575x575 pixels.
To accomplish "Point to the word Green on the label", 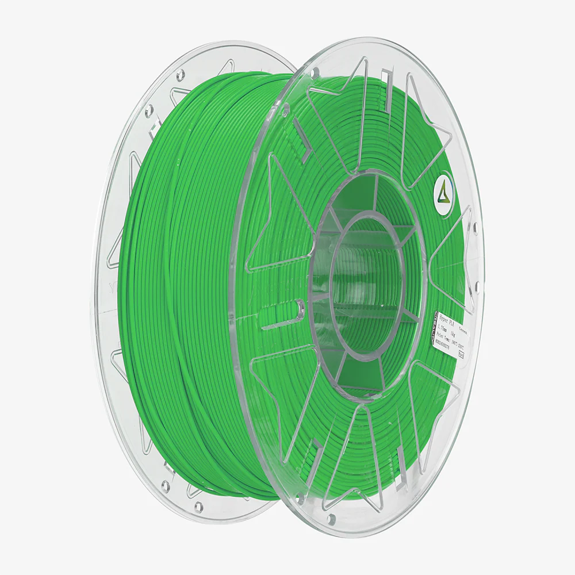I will (x=463, y=332).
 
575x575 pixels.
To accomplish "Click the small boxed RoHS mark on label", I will (x=461, y=355).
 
